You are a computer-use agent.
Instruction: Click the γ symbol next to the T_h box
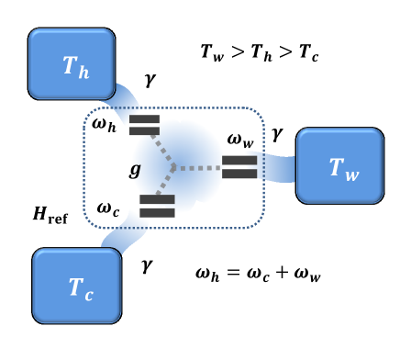[x=150, y=82]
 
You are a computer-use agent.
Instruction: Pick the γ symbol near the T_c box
[x=146, y=265]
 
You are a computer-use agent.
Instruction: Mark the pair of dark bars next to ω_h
[x=144, y=124]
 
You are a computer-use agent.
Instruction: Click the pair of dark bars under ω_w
[x=239, y=166]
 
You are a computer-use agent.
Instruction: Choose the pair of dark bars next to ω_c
[x=157, y=206]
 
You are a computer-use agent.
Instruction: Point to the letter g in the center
[x=135, y=170]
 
